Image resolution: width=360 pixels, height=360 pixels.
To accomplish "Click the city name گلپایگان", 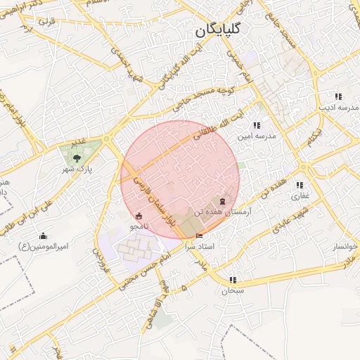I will click(x=215, y=30).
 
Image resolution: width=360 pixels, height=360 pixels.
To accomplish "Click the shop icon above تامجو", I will click(x=139, y=216).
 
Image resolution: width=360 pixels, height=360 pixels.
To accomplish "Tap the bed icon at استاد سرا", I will click(x=200, y=236).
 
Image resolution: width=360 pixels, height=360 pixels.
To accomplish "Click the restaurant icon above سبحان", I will click(x=233, y=280).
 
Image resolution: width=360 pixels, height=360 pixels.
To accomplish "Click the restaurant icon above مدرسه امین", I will click(x=256, y=125).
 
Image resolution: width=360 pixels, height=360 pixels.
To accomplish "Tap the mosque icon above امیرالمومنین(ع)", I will click(x=44, y=236).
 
